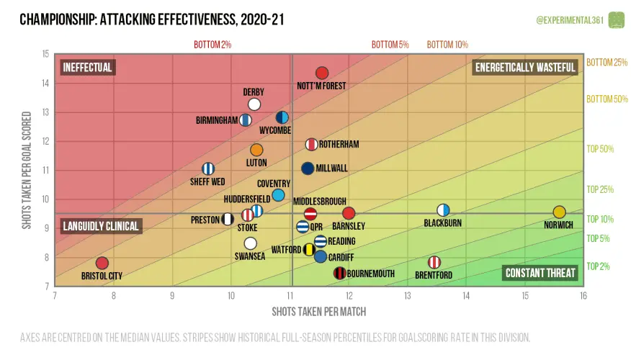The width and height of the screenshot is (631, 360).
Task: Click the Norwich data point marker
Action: pyautogui.click(x=559, y=212)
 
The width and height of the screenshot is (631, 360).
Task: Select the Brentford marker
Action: pyautogui.click(x=434, y=262)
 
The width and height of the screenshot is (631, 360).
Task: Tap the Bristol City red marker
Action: pyautogui.click(x=102, y=264)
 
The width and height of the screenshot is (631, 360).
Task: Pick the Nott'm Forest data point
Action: pyautogui.click(x=322, y=73)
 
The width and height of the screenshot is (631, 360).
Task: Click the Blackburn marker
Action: pyautogui.click(x=444, y=210)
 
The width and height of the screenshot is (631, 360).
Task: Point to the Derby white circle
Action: pyautogui.click(x=254, y=104)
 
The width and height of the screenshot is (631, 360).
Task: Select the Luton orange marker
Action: pyautogui.click(x=256, y=150)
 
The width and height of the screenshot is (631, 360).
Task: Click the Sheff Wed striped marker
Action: pyautogui.click(x=208, y=168)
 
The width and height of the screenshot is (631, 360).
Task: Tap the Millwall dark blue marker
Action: pyautogui.click(x=308, y=168)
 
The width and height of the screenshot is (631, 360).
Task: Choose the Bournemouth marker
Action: pyautogui.click(x=339, y=273)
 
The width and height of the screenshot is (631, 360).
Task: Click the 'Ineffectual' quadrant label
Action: pyautogui.click(x=88, y=68)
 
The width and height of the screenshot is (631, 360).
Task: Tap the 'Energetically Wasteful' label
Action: pyautogui.click(x=525, y=68)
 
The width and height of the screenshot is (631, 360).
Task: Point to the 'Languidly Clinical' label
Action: pyautogui.click(x=100, y=226)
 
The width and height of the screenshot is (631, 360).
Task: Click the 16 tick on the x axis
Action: pyautogui.click(x=583, y=294)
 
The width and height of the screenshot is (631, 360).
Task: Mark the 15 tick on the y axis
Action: pyautogui.click(x=46, y=54)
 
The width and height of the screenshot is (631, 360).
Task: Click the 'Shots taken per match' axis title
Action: pyautogui.click(x=318, y=311)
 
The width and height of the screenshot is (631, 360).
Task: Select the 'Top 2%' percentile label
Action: pyautogui.click(x=599, y=266)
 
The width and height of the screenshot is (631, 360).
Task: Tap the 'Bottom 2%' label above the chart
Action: pyautogui.click(x=212, y=45)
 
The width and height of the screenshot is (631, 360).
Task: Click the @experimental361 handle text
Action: pyautogui.click(x=569, y=20)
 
